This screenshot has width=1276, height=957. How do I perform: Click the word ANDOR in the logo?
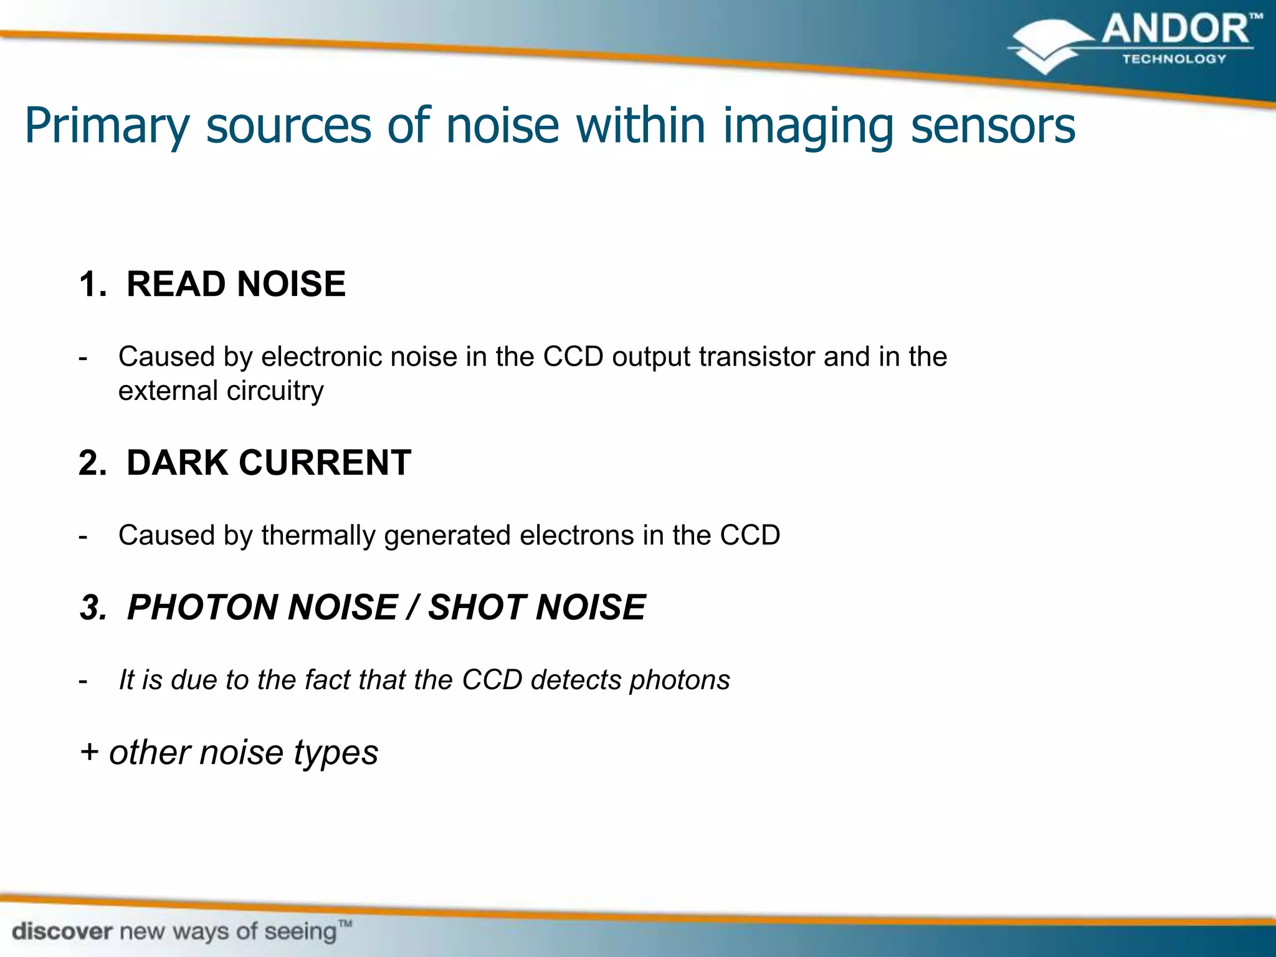click(x=1174, y=30)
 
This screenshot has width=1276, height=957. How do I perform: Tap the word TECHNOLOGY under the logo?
click(x=1174, y=59)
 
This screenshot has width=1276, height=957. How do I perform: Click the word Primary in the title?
click(x=107, y=126)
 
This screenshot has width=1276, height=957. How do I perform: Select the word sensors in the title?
click(x=993, y=125)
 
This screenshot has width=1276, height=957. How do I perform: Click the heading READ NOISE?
click(x=236, y=284)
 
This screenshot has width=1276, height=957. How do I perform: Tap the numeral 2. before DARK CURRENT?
click(x=93, y=463)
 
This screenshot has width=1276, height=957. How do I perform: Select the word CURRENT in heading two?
click(x=325, y=463)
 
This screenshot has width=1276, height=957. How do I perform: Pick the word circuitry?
click(x=275, y=391)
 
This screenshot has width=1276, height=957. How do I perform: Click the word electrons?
click(x=577, y=535)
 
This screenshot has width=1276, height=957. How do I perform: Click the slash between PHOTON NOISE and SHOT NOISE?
click(x=412, y=607)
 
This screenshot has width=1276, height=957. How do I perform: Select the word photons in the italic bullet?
click(x=680, y=680)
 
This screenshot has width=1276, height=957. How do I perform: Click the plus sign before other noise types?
click(x=89, y=752)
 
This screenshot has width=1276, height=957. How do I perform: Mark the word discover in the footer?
click(x=62, y=932)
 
